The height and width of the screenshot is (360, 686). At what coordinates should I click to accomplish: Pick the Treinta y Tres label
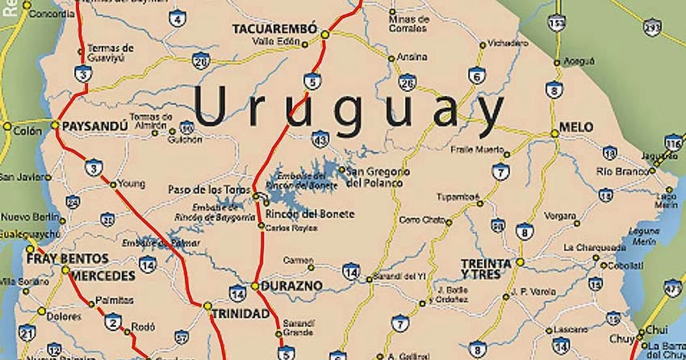click(486, 269)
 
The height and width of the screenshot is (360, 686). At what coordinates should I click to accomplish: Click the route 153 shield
click(555, 24)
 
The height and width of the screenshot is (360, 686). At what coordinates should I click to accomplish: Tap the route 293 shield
click(652, 27)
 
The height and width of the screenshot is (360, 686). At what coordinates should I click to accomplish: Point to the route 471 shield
click(672, 287)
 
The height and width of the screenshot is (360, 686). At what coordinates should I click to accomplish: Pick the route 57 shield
click(182, 337)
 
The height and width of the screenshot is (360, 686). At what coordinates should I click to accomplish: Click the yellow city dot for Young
click(113, 184)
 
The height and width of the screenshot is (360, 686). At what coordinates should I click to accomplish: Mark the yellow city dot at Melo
click(554, 133)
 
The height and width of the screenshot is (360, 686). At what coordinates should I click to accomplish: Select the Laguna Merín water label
click(642, 236)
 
